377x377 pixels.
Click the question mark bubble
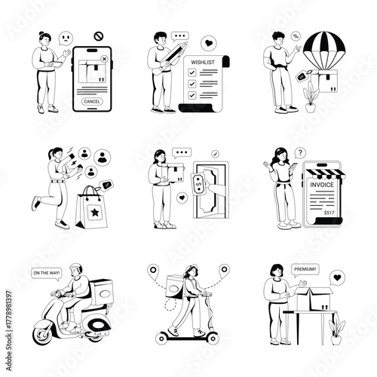[299, 152]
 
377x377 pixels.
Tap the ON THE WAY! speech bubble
[45, 274]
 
